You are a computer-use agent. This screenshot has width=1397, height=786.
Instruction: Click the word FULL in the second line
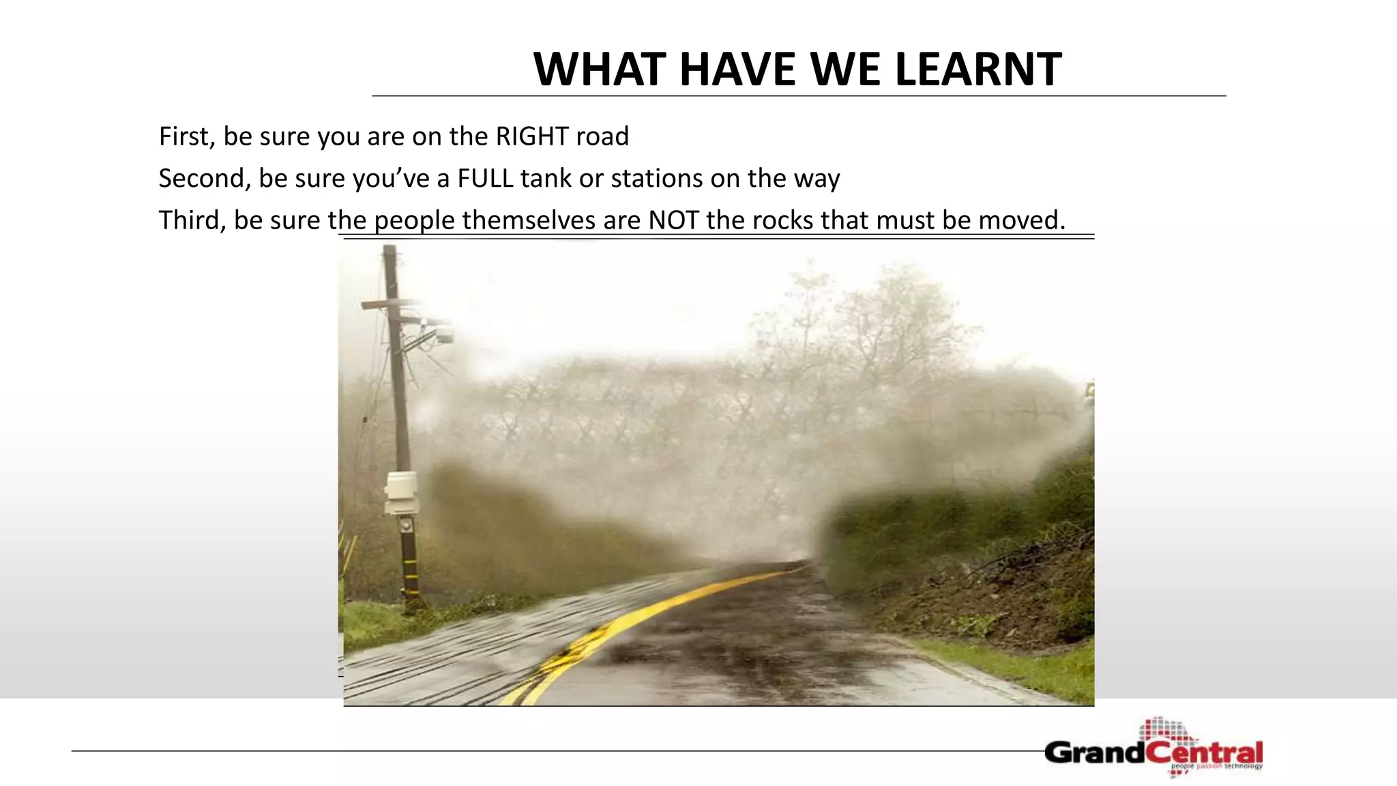pos(485,179)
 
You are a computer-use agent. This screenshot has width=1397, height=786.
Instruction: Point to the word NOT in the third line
pos(673,220)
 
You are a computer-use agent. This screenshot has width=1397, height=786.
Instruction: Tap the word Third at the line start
pos(192,220)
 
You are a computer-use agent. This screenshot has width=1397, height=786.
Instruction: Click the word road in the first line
pos(602,136)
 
